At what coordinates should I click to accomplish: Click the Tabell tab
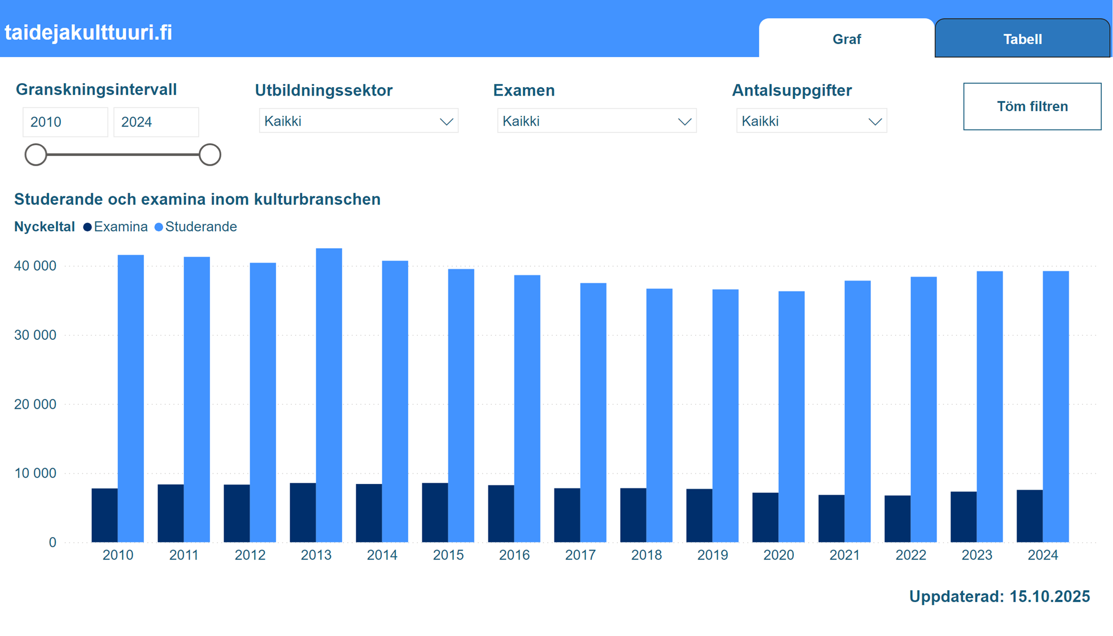click(x=1022, y=39)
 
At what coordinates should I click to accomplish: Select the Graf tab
click(x=846, y=39)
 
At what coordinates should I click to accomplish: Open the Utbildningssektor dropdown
click(x=359, y=121)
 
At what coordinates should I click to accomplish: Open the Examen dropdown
click(x=596, y=121)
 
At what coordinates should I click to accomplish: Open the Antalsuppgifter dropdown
click(x=811, y=121)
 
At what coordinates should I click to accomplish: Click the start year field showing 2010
click(x=65, y=122)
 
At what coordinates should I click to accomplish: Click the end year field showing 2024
click(x=156, y=122)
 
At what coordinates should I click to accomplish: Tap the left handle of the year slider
click(x=36, y=154)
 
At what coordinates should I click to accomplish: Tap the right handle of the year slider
click(x=209, y=154)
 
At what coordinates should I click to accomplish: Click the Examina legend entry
click(x=116, y=227)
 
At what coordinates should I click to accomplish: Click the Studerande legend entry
click(x=196, y=227)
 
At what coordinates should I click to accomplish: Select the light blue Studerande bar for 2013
click(x=329, y=396)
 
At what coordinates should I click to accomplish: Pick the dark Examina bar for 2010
click(x=104, y=515)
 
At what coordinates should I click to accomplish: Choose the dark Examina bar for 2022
click(x=897, y=518)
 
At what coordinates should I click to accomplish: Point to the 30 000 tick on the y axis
click(x=35, y=335)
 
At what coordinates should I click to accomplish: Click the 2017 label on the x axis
click(x=580, y=555)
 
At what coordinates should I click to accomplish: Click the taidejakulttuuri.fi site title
click(x=89, y=32)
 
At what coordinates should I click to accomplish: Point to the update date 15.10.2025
click(x=1049, y=596)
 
